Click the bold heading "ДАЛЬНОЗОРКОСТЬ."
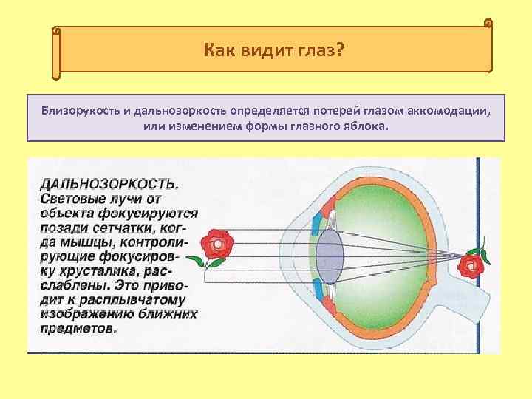[x=108, y=183]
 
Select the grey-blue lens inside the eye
[x=330, y=254]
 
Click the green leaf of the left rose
[x=197, y=261]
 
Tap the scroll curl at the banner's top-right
[x=488, y=24]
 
